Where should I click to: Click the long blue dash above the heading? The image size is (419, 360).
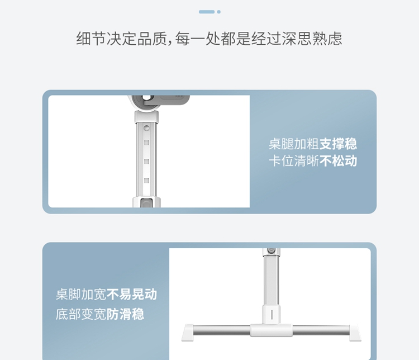coord(207,12)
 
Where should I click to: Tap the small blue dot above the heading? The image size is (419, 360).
coord(219,12)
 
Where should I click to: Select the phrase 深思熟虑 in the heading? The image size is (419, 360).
coord(312,39)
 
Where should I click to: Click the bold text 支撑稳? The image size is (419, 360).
coord(338,144)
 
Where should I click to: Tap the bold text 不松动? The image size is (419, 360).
coord(338,161)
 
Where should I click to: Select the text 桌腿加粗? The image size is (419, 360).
coord(294,144)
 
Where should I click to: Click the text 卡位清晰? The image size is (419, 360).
coord(294,161)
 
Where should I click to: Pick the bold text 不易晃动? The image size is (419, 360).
coord(132,294)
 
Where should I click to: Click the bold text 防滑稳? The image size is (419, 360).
coord(125,314)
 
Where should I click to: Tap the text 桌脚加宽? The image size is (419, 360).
coord(81,294)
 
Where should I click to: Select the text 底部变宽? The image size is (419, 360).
coord(81,314)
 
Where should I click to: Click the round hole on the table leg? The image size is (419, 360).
coord(146,129)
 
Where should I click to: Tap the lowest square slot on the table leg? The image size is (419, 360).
coord(146,181)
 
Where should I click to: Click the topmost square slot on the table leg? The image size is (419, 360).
coord(146,143)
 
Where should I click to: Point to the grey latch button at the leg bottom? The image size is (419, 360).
coord(146,203)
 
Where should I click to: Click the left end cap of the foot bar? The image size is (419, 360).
coord(188,333)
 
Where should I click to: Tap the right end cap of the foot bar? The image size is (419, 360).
coord(355,333)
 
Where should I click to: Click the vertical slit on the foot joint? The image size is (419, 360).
coord(272,315)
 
